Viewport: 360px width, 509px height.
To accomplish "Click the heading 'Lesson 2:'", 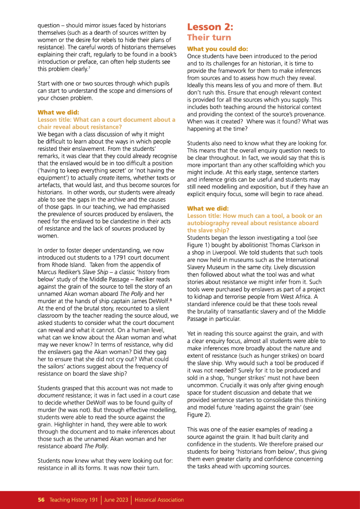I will [x=210, y=27].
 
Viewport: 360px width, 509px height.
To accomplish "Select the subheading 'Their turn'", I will [x=209, y=38].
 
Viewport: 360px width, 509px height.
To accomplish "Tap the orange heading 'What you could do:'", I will [x=217, y=49].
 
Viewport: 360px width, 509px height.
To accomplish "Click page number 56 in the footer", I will [x=42, y=500].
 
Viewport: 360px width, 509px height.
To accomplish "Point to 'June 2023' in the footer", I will [x=117, y=500].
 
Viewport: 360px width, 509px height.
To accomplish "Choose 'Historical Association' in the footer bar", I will [x=159, y=500].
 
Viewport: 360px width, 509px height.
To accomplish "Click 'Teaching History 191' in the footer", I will [x=74, y=500].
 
